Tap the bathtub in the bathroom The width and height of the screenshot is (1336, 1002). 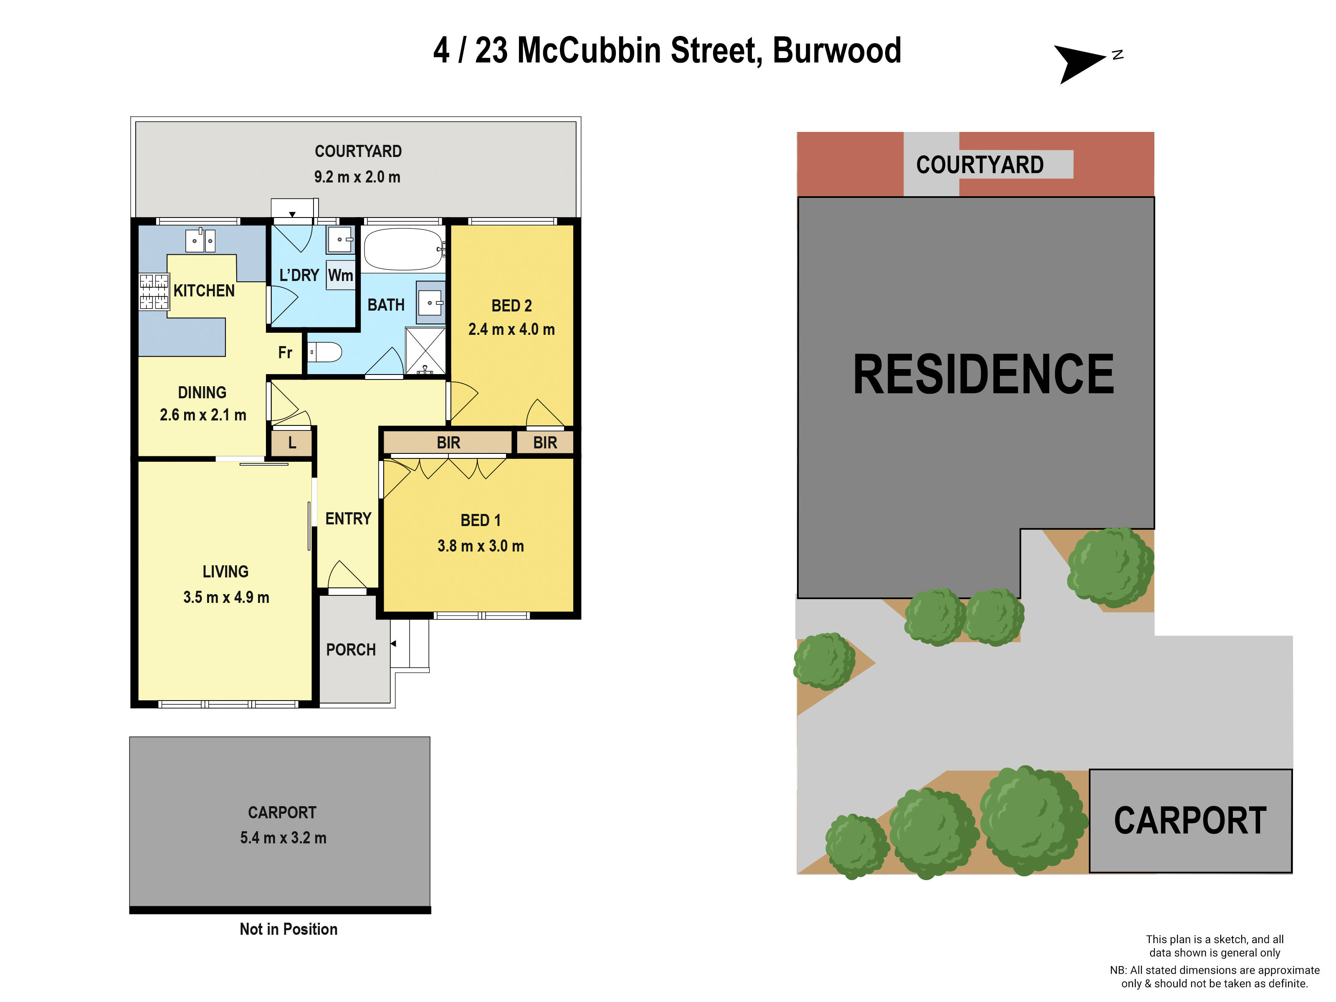pyautogui.click(x=403, y=249)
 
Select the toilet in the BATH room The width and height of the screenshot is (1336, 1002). pyautogui.click(x=326, y=352)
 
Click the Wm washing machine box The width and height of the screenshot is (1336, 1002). pyautogui.click(x=340, y=276)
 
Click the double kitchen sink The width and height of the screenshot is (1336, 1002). pyautogui.click(x=200, y=240)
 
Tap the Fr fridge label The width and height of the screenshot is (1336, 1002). pyautogui.click(x=285, y=352)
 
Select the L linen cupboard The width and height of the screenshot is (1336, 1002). pyautogui.click(x=292, y=443)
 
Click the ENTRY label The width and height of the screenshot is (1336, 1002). pyautogui.click(x=348, y=518)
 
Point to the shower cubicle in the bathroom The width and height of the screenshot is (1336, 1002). pyautogui.click(x=425, y=351)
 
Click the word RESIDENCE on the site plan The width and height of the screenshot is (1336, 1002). pyautogui.click(x=983, y=375)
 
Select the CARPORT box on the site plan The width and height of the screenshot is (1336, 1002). pyautogui.click(x=1190, y=820)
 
